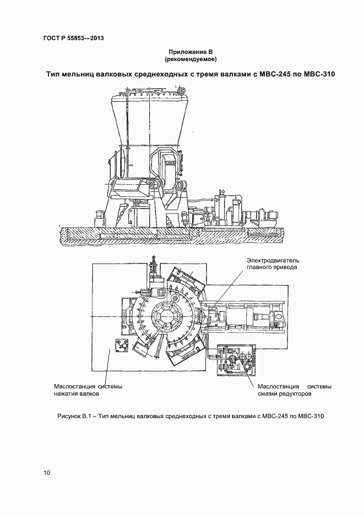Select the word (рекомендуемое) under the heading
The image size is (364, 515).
click(x=191, y=58)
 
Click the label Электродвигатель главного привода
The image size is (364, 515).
click(x=271, y=264)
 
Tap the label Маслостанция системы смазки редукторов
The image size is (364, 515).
click(x=294, y=390)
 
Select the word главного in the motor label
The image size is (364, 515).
click(x=260, y=267)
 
